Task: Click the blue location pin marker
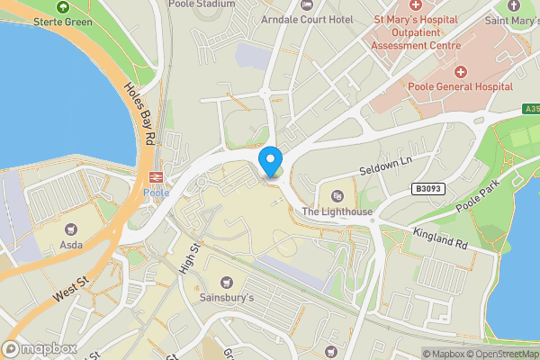pyautogui.click(x=270, y=161)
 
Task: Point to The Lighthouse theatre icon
pyautogui.click(x=337, y=196)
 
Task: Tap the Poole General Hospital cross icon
pyautogui.click(x=462, y=71)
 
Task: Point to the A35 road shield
pyautogui.click(x=531, y=109)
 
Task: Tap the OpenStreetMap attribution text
pyautogui.click(x=500, y=354)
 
